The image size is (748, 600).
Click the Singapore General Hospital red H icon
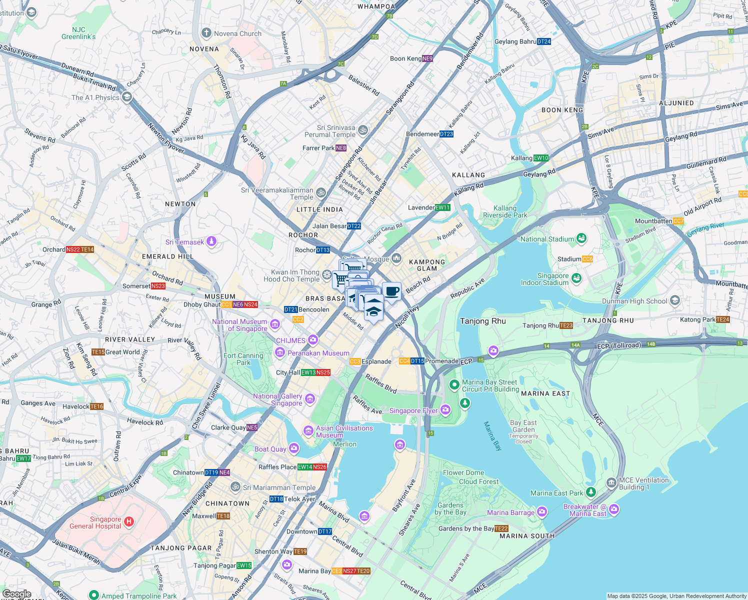click(128, 522)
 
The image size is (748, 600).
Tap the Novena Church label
click(237, 33)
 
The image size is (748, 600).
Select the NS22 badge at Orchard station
click(73, 249)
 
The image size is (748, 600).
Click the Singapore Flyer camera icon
click(445, 410)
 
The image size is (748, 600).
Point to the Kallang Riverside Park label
click(505, 211)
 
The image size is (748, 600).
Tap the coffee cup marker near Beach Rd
click(391, 291)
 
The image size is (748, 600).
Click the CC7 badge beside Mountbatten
click(678, 221)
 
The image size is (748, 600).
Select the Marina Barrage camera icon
click(542, 512)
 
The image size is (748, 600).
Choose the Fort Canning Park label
click(243, 359)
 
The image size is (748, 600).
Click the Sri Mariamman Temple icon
click(235, 487)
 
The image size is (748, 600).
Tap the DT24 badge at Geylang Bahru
click(543, 41)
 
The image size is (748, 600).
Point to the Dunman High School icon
click(675, 300)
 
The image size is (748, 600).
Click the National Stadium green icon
click(581, 238)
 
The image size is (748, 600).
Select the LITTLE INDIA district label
click(319, 209)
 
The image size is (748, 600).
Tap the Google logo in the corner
click(17, 594)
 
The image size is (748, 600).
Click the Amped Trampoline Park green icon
click(93, 595)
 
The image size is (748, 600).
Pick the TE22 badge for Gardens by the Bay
click(501, 528)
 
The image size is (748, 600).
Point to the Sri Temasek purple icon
click(211, 242)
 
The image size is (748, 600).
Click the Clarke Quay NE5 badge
click(252, 427)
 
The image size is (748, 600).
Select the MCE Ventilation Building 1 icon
click(611, 483)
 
